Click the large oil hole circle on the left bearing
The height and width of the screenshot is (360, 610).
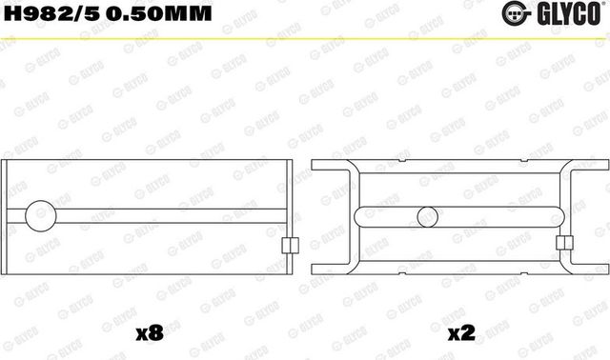pyautogui.click(x=43, y=216)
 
